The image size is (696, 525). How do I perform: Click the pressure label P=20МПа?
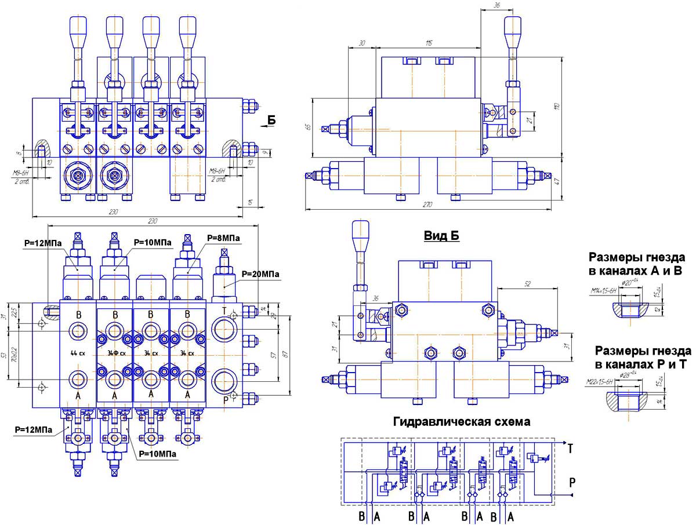260,274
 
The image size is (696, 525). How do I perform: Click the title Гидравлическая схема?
461,422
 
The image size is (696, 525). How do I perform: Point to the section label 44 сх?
77,353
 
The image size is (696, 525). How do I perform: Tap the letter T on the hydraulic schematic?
571,448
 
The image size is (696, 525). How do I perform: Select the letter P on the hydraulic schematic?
572,482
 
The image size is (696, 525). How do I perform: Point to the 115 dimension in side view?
430,43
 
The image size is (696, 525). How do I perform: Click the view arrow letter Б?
272,120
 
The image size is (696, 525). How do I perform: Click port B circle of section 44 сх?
78,331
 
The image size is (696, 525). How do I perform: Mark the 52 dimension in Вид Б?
527,283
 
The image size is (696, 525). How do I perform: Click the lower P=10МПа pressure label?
157,454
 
